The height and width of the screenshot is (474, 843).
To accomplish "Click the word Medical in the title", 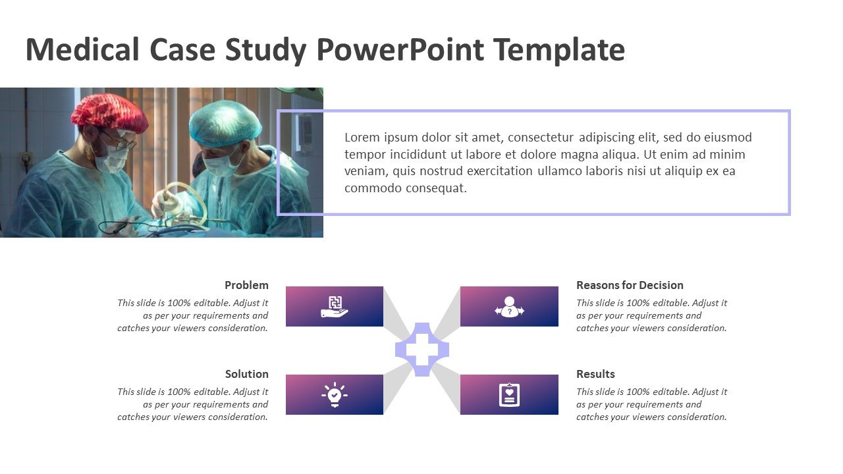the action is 82,49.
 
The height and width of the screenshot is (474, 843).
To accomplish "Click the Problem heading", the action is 246,285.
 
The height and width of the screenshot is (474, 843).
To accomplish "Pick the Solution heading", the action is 247,374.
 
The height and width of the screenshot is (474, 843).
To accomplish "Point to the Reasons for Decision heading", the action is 630,285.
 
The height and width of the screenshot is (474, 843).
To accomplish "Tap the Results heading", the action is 595,374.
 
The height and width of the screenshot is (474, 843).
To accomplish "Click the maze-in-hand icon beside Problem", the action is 334,307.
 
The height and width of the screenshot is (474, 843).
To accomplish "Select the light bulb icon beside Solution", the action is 334,394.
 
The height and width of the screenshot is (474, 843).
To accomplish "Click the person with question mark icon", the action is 509,307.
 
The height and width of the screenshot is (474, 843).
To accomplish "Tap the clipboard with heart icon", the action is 509,394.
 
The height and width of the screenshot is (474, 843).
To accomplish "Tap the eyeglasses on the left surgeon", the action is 120,141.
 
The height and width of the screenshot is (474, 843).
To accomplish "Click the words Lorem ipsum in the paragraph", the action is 381,138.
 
